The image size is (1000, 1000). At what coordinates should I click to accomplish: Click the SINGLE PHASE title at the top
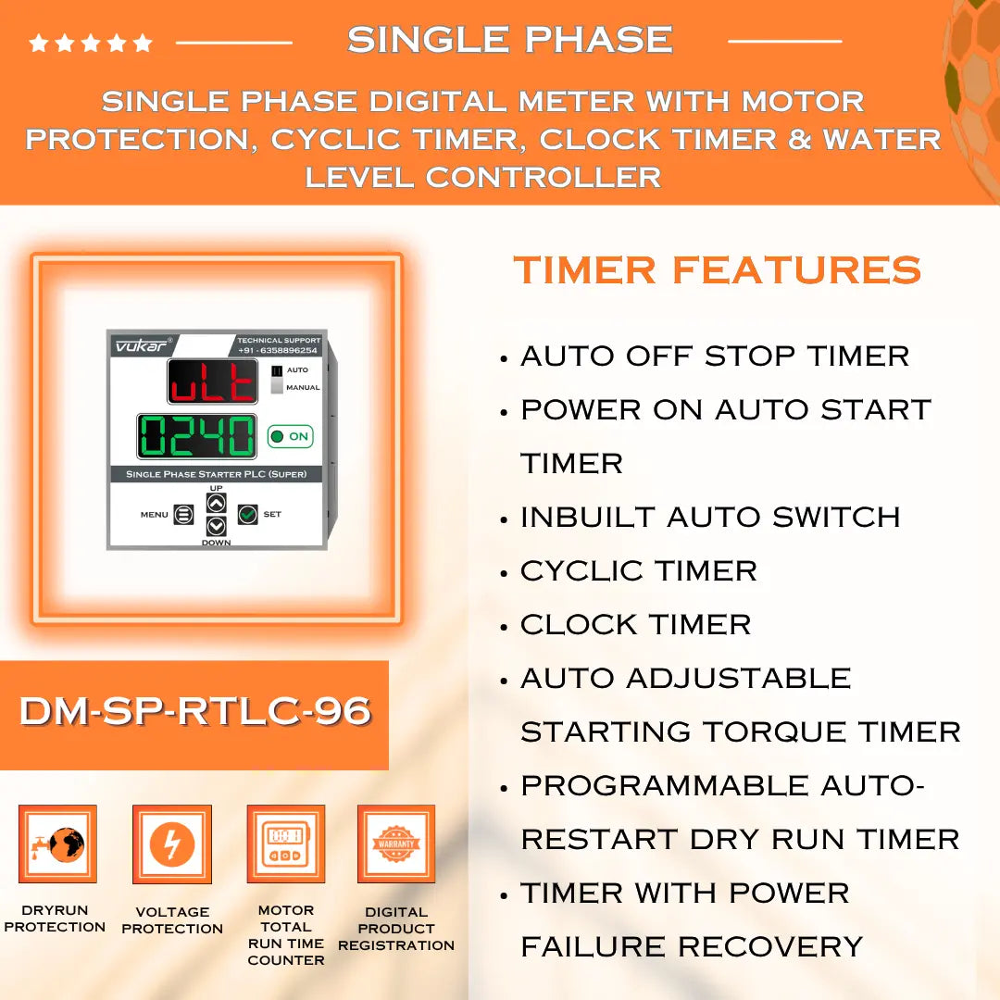[x=509, y=40]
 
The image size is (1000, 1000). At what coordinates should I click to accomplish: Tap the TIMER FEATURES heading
[x=718, y=270]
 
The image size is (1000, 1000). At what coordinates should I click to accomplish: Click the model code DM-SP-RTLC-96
[x=195, y=711]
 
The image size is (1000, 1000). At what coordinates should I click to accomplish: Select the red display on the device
[x=213, y=381]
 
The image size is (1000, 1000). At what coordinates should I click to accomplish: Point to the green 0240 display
[x=197, y=436]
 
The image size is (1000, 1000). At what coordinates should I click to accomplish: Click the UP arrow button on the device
[x=216, y=503]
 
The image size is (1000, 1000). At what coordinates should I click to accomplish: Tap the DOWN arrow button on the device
[x=216, y=526]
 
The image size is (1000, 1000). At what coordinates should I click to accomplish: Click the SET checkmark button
[x=247, y=514]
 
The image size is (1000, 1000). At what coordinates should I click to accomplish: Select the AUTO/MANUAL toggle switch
[x=276, y=379]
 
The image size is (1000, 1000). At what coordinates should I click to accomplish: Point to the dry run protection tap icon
[x=57, y=844]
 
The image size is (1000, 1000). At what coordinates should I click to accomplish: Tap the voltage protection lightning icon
[x=172, y=844]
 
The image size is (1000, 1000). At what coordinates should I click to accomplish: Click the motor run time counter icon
[x=285, y=844]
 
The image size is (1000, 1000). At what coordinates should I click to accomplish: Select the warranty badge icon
[x=396, y=844]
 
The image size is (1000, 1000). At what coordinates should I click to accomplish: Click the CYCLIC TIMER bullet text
[x=639, y=570]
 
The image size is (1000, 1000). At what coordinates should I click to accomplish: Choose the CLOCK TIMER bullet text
[x=635, y=624]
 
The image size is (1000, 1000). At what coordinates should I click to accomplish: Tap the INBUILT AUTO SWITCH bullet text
[x=710, y=517]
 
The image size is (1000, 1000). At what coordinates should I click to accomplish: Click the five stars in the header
[x=91, y=43]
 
